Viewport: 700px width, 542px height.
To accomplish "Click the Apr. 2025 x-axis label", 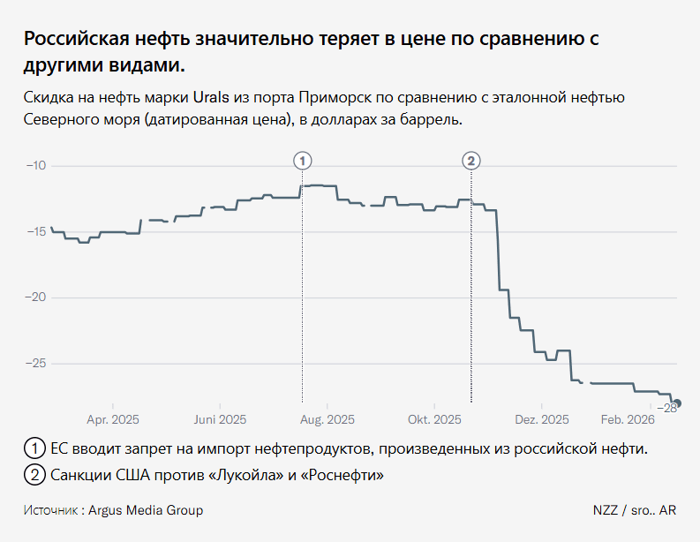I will coord(113,419).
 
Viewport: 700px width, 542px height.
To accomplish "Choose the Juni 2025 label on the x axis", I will coord(220,419).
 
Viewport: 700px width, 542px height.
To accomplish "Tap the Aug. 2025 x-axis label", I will coord(327,419).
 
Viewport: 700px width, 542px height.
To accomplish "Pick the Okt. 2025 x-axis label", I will coord(435,419).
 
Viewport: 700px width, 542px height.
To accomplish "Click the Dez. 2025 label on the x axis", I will coord(542,419).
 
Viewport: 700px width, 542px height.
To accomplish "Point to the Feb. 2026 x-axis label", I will coord(628,419).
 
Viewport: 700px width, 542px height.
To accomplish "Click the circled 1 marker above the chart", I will coord(302,160).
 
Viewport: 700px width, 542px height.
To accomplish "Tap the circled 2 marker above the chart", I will coord(471,160).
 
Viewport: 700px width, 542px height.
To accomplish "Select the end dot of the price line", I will coord(676,403).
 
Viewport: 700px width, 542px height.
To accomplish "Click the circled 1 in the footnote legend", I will coord(34,448).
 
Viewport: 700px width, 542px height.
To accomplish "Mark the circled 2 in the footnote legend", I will coord(34,475).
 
